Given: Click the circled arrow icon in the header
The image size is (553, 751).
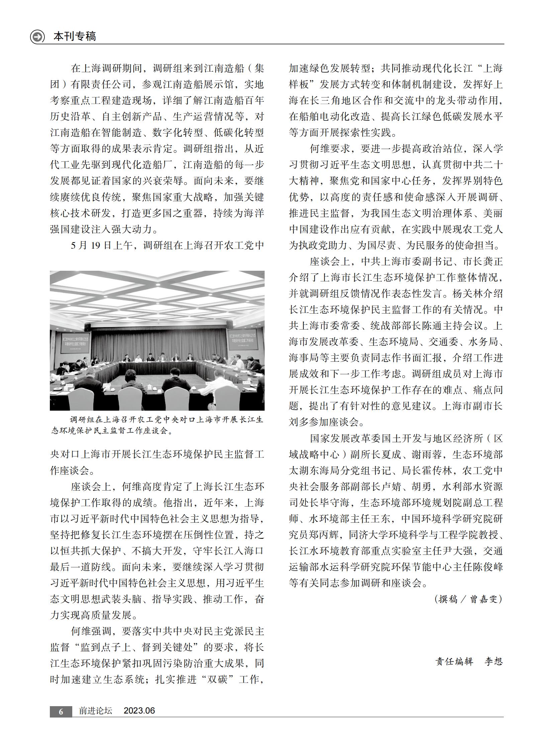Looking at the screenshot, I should tap(37, 36).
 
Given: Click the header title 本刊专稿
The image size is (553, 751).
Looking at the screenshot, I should tap(75, 36).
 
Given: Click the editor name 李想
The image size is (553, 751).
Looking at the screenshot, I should tap(494, 661).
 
